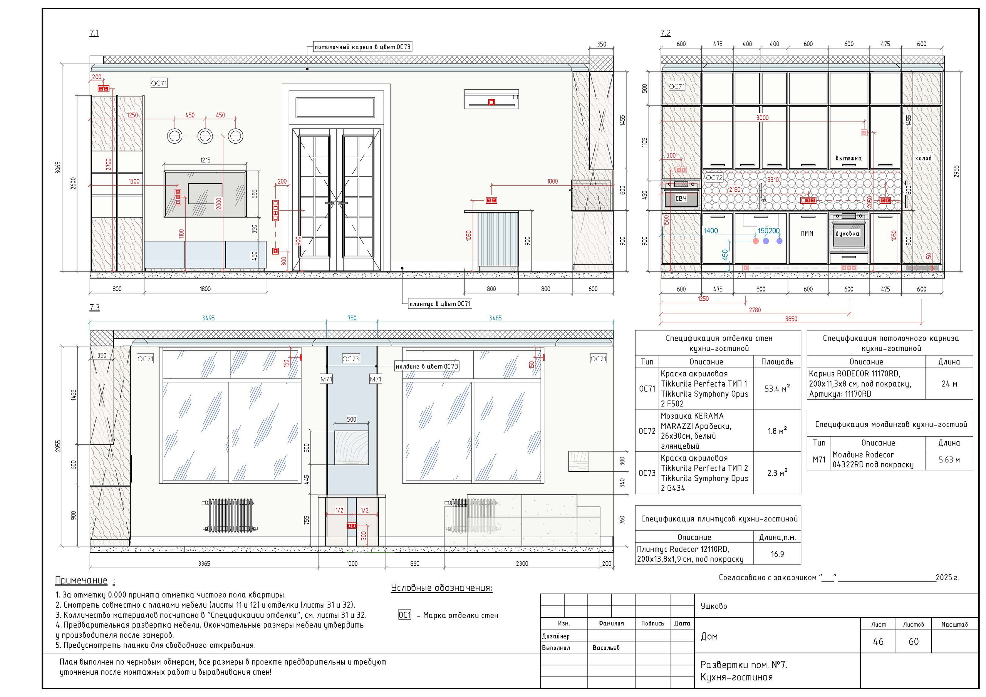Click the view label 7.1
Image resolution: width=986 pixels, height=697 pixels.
(94, 33)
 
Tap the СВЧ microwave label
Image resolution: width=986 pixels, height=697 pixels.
(681, 198)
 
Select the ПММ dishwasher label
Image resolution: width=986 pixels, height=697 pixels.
(807, 234)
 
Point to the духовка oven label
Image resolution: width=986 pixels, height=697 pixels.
(847, 234)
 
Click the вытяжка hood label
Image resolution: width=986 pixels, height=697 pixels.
(848, 158)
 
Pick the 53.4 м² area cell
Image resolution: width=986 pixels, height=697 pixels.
(777, 388)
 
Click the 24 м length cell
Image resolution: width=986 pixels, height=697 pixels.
(949, 384)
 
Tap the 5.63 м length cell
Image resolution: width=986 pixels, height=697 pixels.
(949, 459)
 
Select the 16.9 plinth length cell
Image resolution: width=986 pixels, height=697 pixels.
(777, 554)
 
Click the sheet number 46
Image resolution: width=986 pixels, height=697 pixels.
(878, 641)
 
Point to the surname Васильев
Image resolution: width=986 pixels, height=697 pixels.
(606, 648)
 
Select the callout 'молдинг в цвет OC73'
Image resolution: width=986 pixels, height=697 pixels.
(427, 366)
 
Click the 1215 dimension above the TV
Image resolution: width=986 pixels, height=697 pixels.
(205, 160)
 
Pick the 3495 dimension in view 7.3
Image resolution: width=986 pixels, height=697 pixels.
(208, 318)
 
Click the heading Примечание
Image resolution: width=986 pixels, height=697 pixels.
(81, 581)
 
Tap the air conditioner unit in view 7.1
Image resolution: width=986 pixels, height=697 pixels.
(491, 99)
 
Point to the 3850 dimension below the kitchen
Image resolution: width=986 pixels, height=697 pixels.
(791, 319)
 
